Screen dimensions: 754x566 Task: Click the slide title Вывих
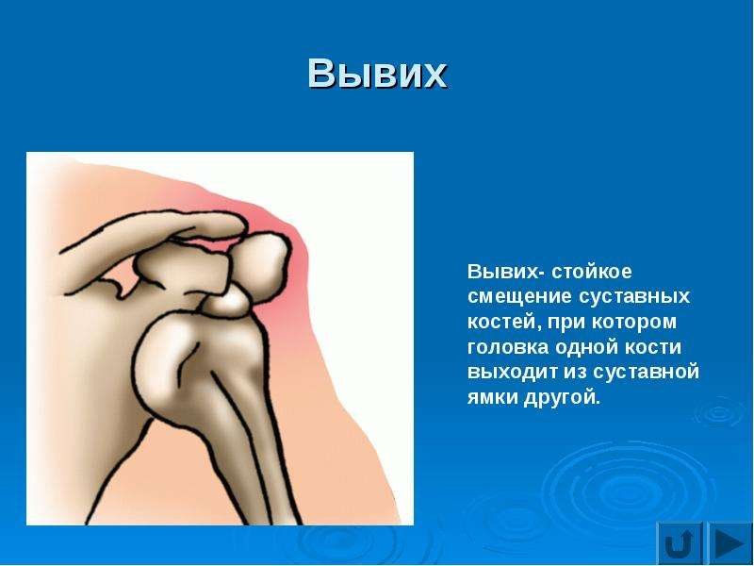[378, 74]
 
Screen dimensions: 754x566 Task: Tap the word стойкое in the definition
[592, 272]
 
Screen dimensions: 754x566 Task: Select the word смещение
[519, 296]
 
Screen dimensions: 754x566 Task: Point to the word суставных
[633, 296]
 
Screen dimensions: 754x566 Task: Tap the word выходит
[513, 372]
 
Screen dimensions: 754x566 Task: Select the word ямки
[491, 397]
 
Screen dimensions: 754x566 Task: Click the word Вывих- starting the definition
[506, 272]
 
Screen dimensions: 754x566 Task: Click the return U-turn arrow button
[680, 543]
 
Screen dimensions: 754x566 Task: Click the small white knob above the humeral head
[226, 302]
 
